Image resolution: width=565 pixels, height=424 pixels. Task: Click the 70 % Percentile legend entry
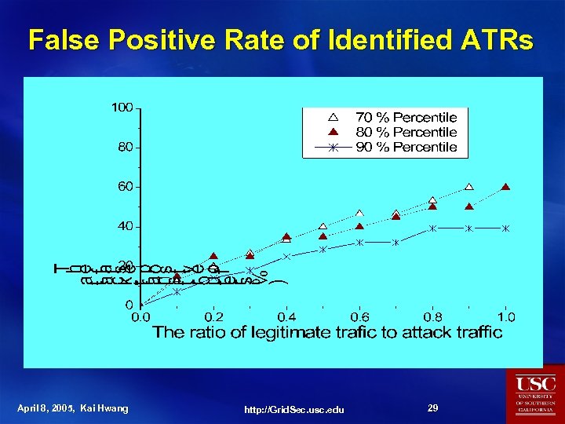[406, 117]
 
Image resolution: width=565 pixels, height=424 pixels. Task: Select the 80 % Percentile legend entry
[406, 132]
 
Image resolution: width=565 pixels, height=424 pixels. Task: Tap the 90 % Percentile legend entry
[406, 147]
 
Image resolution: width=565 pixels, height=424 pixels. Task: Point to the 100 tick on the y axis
[122, 107]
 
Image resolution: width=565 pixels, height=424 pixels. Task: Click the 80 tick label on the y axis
[125, 147]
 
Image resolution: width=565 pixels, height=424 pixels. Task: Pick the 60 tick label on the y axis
[125, 186]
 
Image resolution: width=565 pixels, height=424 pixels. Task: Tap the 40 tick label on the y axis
[125, 226]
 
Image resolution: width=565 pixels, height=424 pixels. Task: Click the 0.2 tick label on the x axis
[213, 317]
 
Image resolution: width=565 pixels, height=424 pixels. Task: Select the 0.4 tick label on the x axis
[286, 317]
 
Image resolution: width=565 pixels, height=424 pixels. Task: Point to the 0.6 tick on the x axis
[359, 317]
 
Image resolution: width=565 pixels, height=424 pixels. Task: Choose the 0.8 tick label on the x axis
[432, 317]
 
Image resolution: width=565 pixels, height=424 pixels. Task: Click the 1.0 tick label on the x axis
[505, 317]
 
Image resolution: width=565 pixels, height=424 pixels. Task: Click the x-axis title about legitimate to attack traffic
[327, 332]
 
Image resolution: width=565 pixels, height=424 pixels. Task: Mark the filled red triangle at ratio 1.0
[505, 187]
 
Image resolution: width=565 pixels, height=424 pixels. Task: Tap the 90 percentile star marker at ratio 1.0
[505, 228]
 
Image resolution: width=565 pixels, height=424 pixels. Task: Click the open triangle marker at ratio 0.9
[469, 187]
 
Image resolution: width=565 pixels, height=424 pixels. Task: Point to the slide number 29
[432, 408]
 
